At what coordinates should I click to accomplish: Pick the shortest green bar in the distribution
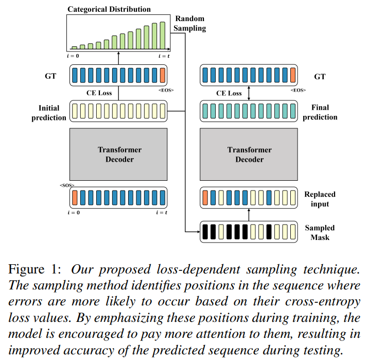tap(74, 47)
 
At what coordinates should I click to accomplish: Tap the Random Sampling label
tap(189, 23)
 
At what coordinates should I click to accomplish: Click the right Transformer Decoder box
tap(249, 155)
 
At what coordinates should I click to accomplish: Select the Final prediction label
tap(320, 112)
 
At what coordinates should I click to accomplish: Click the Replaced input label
tap(320, 199)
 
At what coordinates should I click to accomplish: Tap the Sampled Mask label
tap(320, 232)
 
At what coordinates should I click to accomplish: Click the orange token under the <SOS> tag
tap(75, 198)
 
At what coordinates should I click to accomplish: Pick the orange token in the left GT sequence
tap(163, 77)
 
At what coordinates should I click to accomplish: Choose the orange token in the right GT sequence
tap(292, 77)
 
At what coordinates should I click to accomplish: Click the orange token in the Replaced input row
tap(205, 198)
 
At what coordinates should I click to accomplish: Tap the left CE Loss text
tap(99, 93)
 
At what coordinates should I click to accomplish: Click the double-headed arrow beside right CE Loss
tap(249, 93)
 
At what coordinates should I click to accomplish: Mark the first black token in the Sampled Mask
tap(205, 232)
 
